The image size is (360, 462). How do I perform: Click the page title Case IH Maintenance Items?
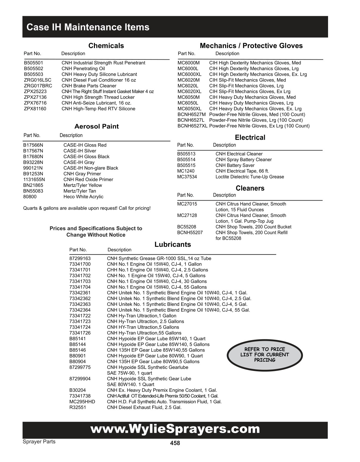tap(88, 27)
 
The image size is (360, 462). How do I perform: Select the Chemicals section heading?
tap(106, 46)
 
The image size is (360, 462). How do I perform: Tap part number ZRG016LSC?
tap(38, 80)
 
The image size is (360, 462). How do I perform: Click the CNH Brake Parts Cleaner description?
tap(89, 86)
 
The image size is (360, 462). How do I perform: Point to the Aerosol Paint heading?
tap(96, 127)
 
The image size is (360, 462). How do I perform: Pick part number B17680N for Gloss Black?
tap(33, 157)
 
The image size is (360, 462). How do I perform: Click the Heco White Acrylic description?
tap(83, 197)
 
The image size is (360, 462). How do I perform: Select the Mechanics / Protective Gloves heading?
tap(251, 46)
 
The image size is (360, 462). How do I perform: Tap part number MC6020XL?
tap(190, 92)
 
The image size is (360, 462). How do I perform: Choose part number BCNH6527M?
tap(192, 115)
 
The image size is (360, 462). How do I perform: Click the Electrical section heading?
tap(250, 138)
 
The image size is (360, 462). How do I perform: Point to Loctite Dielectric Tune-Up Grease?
tap(250, 177)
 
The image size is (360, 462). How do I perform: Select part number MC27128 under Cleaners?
tap(187, 215)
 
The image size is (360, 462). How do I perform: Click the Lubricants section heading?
tap(173, 244)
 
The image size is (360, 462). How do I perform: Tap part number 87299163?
tap(80, 258)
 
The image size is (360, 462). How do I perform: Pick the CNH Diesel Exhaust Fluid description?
tap(144, 407)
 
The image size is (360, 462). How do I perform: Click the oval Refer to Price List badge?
tap(264, 355)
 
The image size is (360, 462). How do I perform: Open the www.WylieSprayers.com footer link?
tap(175, 429)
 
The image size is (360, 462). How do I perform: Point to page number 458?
tap(175, 443)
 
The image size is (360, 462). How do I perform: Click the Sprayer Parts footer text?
tap(39, 442)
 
